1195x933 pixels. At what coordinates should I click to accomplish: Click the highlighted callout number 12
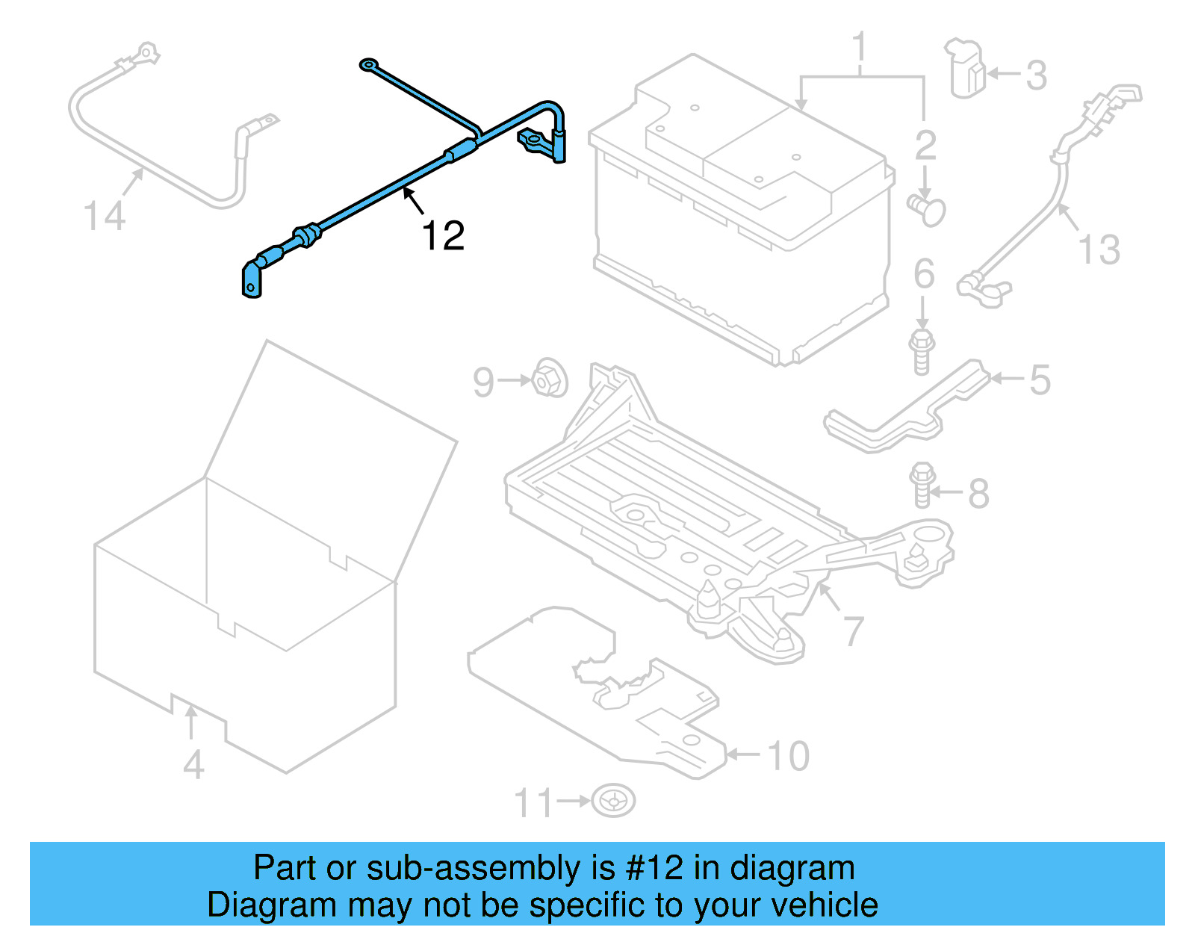coord(443,236)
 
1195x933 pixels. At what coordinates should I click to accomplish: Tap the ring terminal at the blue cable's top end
coord(367,65)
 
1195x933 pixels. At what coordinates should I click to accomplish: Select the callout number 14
coord(105,217)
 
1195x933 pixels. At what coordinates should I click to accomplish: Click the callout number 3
coord(1036,75)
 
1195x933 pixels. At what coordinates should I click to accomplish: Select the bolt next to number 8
coord(922,484)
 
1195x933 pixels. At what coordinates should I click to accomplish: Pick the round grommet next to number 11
coord(613,801)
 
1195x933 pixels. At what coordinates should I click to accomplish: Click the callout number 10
coord(789,756)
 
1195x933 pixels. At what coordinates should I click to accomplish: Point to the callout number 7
coord(854,631)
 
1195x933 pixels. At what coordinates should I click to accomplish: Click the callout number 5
coord(1040,379)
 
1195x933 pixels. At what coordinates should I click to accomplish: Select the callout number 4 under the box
coord(193,765)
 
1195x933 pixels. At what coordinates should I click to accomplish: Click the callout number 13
coord(1099,249)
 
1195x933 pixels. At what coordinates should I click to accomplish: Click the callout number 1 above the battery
coord(860,46)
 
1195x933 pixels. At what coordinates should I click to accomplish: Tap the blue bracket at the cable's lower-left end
coord(252,279)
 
